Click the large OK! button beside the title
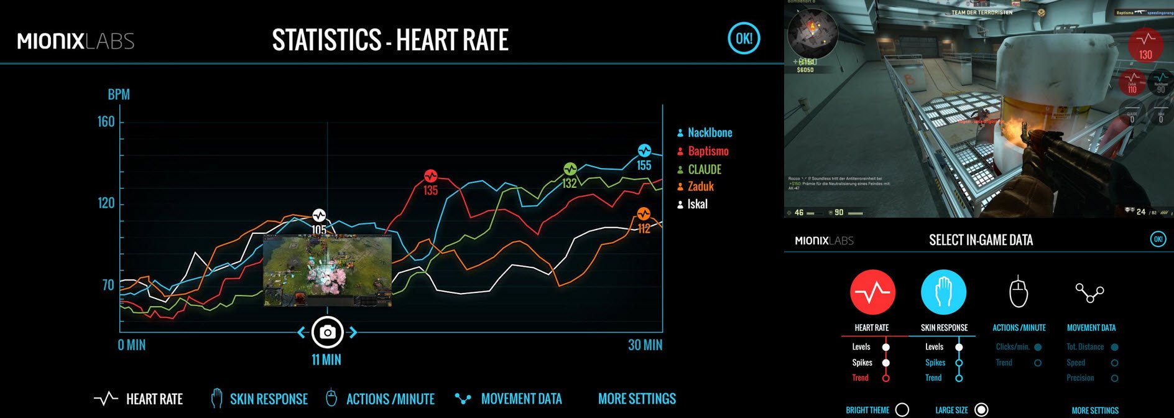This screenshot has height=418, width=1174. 744,39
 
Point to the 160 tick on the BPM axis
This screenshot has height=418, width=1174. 106,121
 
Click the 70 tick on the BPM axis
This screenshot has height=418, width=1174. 108,285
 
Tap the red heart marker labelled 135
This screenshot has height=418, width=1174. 431,176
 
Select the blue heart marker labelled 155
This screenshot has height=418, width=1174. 644,151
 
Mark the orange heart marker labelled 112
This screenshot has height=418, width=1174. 644,215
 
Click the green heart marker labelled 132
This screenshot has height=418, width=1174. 570,169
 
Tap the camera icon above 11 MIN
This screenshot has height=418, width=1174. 327,332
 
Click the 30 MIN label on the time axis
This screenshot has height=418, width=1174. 645,345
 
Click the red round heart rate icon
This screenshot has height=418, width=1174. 872,292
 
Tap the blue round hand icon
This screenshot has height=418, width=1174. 943,292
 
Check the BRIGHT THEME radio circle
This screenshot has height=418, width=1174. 902,409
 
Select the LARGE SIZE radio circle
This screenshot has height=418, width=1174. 981,409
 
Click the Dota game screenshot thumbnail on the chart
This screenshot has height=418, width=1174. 327,271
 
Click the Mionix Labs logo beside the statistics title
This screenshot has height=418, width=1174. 76,41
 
